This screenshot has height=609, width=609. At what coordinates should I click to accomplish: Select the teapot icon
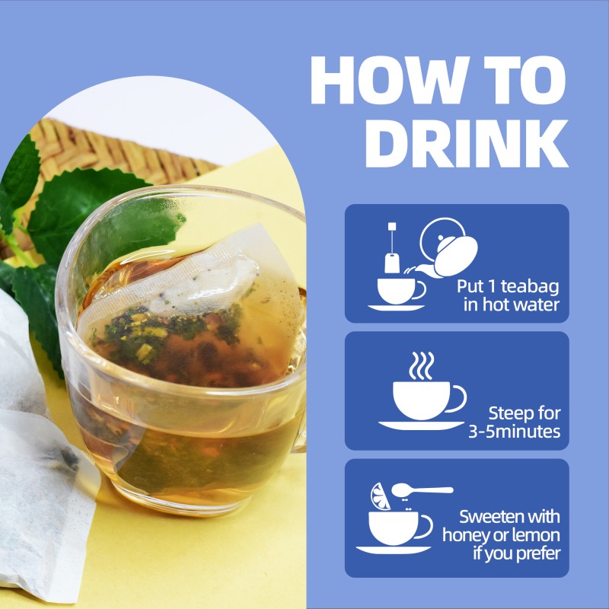click(x=448, y=247)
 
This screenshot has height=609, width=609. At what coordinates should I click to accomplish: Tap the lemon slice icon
click(x=380, y=496)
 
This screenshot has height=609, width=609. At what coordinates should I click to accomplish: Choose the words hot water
click(x=522, y=305)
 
